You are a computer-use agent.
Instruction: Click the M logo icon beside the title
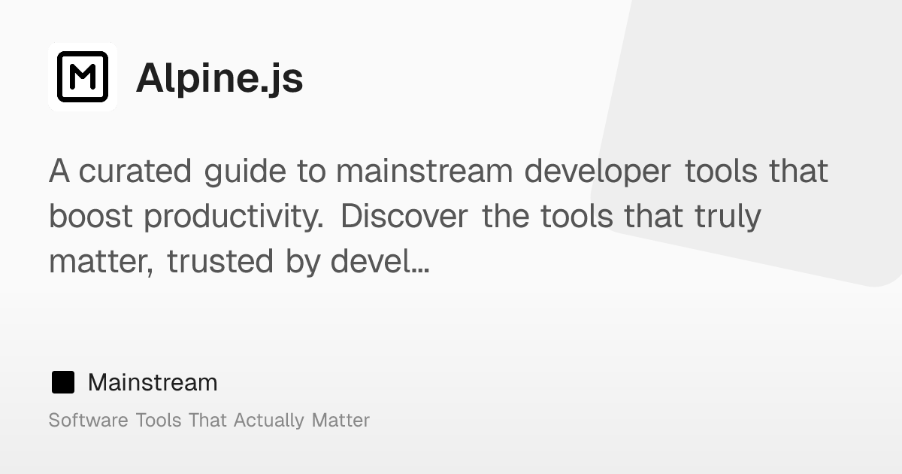[x=83, y=77]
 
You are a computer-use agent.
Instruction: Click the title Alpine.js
[x=219, y=78]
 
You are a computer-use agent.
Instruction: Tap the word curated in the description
[x=135, y=172]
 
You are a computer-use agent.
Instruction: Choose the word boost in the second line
[x=91, y=217]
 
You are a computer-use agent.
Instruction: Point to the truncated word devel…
[x=380, y=262]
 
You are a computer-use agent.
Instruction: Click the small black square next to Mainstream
[x=63, y=382]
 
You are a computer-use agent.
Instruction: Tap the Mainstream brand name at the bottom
[x=153, y=382]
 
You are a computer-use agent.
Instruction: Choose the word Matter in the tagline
[x=341, y=420]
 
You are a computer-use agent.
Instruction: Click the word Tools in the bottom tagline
[x=158, y=420]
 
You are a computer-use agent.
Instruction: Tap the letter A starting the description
[x=59, y=172]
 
